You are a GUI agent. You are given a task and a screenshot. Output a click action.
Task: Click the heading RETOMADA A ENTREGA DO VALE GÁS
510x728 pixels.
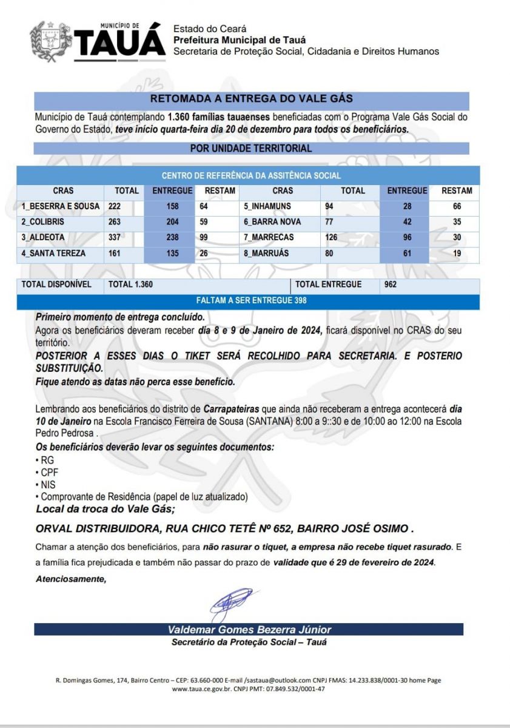coord(251,98)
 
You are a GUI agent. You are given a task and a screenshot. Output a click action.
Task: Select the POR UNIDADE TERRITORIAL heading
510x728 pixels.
coord(251,148)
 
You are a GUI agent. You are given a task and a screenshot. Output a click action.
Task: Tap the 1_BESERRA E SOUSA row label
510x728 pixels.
coord(61,207)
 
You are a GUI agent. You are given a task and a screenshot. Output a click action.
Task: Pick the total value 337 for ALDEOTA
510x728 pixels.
coord(115,237)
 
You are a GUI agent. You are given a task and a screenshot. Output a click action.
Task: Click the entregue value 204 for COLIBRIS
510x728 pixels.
coord(172,222)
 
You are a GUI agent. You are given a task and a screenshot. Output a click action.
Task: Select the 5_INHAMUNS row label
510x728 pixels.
coord(267,207)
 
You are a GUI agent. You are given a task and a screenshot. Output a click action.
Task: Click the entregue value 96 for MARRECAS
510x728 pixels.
coord(407,237)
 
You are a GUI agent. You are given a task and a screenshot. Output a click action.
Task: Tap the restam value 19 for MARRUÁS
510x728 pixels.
coord(457,253)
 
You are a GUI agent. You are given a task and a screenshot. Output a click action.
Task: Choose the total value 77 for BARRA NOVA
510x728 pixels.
coord(330,222)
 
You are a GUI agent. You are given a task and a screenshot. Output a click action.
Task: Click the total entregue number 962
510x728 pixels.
coord(391,284)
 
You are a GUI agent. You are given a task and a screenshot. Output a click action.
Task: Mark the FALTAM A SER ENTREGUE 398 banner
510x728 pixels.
coord(251,301)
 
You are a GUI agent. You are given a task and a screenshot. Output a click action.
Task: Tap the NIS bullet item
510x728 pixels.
coord(47,485)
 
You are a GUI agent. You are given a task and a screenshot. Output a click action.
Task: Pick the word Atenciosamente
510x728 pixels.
coord(71,579)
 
